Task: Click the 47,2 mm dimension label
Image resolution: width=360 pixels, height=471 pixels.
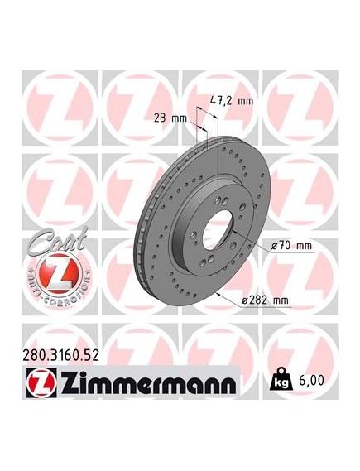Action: pyautogui.click(x=231, y=101)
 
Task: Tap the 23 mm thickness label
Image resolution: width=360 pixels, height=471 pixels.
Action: pyautogui.click(x=170, y=118)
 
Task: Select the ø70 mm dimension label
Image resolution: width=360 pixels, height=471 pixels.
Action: pyautogui.click(x=292, y=246)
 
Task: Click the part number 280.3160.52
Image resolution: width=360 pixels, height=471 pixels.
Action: pyautogui.click(x=61, y=356)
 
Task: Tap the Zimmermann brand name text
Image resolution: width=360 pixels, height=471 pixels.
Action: pyautogui.click(x=149, y=382)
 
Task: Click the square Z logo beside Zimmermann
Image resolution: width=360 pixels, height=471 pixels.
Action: pyautogui.click(x=41, y=382)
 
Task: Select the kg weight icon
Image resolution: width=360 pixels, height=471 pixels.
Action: pyautogui.click(x=281, y=379)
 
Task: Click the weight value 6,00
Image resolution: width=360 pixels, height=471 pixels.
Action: pyautogui.click(x=311, y=380)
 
